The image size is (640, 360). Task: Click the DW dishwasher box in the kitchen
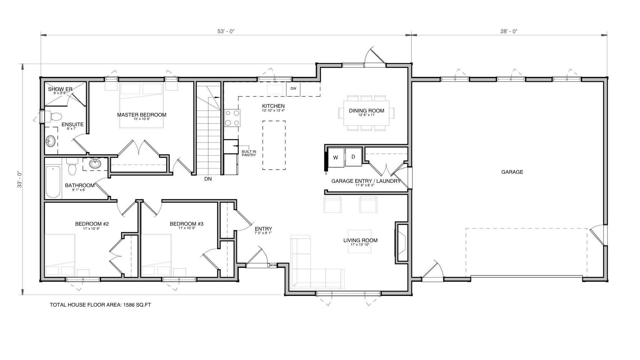pos(293,89)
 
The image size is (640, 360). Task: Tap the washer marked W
pos(336,157)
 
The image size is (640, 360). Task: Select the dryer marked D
pos(353,157)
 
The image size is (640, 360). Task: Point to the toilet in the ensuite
pos(53,117)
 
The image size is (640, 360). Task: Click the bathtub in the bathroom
pos(53,182)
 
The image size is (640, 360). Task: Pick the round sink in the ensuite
pos(51,141)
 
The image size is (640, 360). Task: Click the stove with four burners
pos(232,118)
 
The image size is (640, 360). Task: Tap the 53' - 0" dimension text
pos(226,31)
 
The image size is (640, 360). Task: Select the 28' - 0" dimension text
pos(509,31)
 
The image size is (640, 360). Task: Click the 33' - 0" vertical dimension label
pos(20,179)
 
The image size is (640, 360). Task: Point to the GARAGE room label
pos(512,172)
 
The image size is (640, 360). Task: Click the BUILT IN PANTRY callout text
pos(249,153)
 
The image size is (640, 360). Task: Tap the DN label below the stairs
pos(208,179)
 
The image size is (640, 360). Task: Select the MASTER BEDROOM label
pos(142,115)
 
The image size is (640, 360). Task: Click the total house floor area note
pos(100,305)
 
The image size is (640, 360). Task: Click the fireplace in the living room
pos(402,243)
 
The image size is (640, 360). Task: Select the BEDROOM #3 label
pos(187,224)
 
